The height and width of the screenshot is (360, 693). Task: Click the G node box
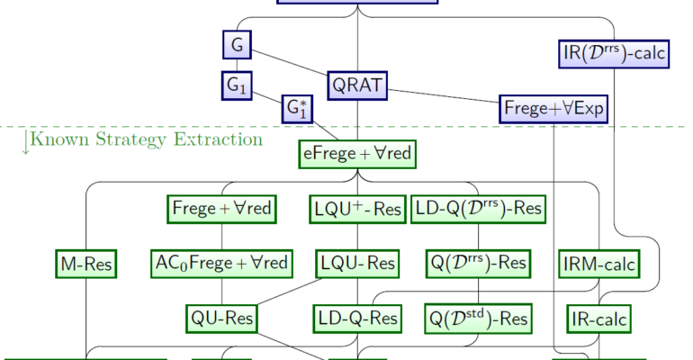[x=237, y=45]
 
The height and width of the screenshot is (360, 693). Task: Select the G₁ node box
[x=237, y=85]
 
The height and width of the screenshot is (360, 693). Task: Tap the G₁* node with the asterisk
[x=297, y=110]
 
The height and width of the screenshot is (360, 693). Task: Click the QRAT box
[x=357, y=85]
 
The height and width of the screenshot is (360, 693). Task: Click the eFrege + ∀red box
[x=357, y=155]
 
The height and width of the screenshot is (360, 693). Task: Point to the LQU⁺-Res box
[x=357, y=209]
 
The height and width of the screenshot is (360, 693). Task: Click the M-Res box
[x=86, y=264]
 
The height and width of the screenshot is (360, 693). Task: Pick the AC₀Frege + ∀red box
[x=221, y=264]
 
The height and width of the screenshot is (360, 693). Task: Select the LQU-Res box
[x=357, y=264]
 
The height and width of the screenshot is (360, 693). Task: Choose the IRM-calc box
[x=598, y=264]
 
